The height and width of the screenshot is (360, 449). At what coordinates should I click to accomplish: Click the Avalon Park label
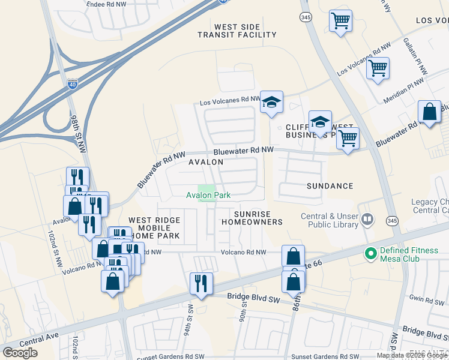(x=208, y=195)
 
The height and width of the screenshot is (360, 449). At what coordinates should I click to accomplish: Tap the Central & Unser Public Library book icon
(x=368, y=221)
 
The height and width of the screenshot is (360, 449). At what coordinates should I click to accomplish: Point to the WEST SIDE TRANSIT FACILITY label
(x=237, y=31)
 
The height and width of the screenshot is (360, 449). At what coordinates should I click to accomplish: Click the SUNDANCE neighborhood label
(x=330, y=186)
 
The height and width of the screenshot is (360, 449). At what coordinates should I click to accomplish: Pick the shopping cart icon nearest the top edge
(x=340, y=21)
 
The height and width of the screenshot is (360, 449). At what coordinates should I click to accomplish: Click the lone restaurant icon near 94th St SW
(x=201, y=283)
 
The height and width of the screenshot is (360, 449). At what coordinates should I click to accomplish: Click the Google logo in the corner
(x=20, y=353)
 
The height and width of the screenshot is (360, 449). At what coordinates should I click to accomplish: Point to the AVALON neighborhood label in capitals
(x=206, y=162)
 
